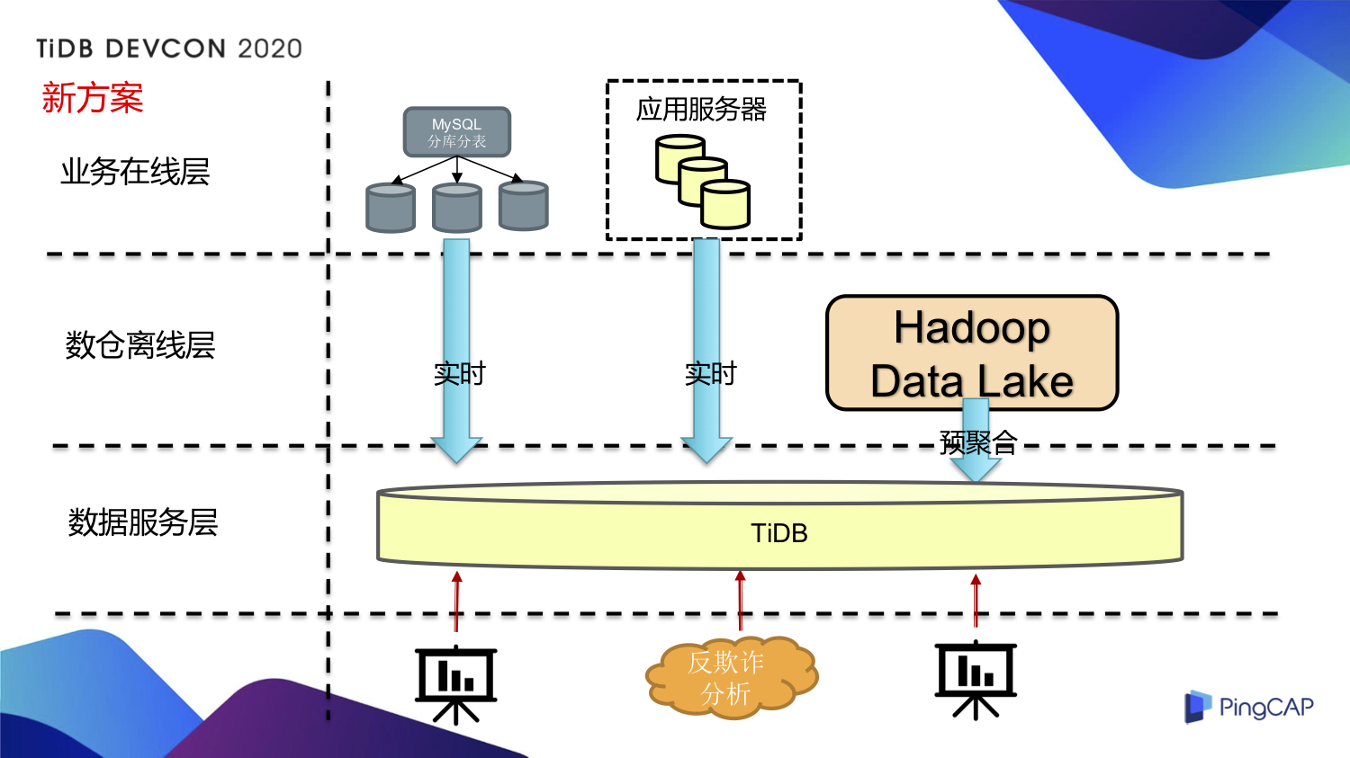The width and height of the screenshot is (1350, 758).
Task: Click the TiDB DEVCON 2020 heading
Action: [x=169, y=49]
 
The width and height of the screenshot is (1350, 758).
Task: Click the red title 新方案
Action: [x=93, y=98]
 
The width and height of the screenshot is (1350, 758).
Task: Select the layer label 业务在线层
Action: [x=135, y=171]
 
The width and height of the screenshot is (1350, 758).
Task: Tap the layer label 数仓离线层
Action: [x=140, y=344]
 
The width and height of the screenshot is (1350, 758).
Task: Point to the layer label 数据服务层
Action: [x=143, y=522]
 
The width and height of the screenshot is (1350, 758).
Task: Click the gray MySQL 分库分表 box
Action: [x=456, y=132]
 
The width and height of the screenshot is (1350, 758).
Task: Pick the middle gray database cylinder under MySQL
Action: [x=457, y=208]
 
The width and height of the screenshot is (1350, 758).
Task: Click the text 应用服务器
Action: [x=701, y=110]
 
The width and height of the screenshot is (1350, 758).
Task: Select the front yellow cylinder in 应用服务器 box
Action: [x=725, y=204]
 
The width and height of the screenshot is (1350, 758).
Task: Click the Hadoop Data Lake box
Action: [x=972, y=353]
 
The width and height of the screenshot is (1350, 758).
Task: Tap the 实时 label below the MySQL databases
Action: [x=459, y=373]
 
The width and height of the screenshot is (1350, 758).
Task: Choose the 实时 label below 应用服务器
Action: [x=710, y=373]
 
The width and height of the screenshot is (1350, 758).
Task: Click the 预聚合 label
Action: [x=978, y=442]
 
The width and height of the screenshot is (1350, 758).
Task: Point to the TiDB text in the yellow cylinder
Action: [x=779, y=533]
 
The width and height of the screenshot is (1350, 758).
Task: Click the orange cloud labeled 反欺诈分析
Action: [x=730, y=677]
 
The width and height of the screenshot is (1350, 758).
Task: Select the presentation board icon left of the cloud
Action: [x=455, y=683]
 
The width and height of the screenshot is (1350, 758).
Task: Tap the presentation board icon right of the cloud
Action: [x=976, y=680]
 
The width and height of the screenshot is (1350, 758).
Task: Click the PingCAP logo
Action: [x=1248, y=707]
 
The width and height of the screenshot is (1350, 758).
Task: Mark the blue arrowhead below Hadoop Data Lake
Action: [x=976, y=467]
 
